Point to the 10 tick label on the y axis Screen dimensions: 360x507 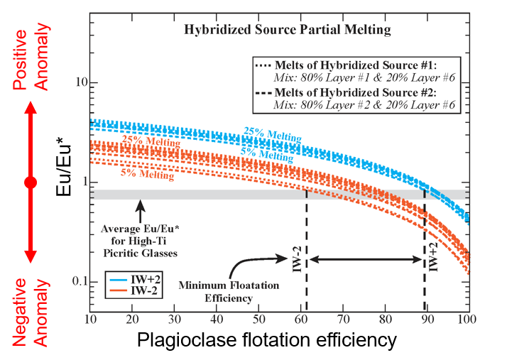72,82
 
